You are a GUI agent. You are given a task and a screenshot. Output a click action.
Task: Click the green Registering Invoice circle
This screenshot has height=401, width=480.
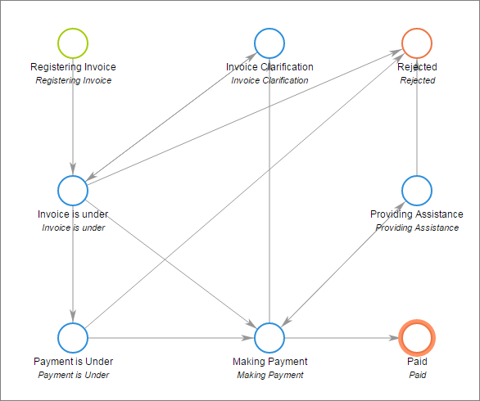coord(73,29)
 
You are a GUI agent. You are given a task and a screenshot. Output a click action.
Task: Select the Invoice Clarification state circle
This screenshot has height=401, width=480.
coord(269,29)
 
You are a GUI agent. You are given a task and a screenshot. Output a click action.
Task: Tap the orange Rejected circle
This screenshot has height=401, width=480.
coord(417,29)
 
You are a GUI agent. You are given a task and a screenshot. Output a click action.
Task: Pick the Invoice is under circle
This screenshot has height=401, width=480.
coord(73,176)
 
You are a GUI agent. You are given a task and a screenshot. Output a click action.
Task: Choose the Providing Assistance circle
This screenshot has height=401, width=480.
coord(417,176)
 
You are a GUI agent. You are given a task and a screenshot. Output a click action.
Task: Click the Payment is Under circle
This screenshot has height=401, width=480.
coord(73,323)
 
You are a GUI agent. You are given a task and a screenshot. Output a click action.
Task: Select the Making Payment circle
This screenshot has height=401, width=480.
coord(269,323)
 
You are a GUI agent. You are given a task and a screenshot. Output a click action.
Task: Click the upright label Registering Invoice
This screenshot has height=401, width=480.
coord(73,66)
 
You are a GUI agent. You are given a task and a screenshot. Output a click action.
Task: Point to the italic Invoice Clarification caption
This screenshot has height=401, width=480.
coord(269,80)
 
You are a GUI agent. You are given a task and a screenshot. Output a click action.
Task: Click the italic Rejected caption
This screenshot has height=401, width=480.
coord(417,80)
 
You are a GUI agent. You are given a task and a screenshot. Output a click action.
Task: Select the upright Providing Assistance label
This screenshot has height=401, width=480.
coord(417,214)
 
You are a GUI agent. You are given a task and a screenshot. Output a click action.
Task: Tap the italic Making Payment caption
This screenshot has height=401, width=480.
coord(270,375)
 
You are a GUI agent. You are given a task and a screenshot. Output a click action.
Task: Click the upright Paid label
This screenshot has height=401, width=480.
coord(417,362)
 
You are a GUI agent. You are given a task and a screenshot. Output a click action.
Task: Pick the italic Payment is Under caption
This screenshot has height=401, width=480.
coord(74,375)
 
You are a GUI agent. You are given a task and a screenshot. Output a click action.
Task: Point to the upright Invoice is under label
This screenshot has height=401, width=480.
coord(73,214)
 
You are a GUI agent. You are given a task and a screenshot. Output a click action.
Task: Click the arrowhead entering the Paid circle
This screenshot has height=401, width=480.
coord(394,338)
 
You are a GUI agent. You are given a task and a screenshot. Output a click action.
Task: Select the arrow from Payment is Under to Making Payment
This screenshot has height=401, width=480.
coord(171,338)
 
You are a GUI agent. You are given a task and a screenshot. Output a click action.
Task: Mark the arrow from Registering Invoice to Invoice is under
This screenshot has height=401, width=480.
coord(73,117)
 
